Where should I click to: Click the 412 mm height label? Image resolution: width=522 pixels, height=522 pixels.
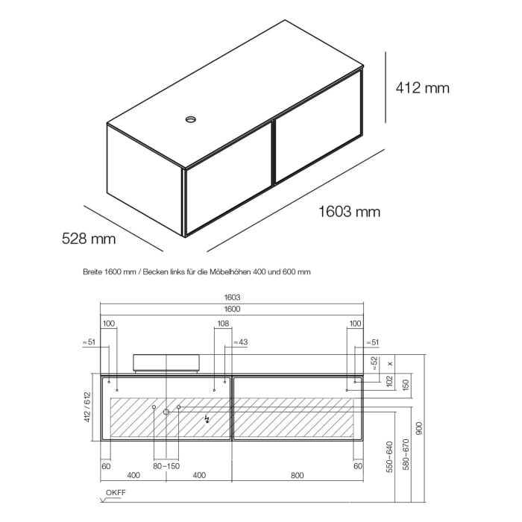422,88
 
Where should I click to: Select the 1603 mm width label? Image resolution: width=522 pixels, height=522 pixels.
349,212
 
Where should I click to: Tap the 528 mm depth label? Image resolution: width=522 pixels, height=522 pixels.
89,239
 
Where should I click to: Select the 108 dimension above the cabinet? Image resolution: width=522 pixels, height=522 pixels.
222,324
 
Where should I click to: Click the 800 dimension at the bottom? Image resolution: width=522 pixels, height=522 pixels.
298,474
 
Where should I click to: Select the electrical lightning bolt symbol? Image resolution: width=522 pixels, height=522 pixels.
207,419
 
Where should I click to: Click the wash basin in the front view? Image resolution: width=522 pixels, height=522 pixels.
166,362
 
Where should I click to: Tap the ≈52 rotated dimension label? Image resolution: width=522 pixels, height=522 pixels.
374,363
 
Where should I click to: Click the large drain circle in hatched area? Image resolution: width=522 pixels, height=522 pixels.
166,412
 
